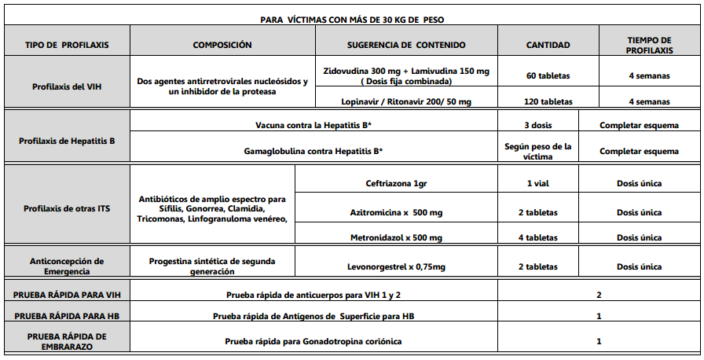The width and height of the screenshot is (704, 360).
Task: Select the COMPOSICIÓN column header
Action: point(222,46)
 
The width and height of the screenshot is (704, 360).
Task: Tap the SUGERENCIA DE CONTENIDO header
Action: point(406,46)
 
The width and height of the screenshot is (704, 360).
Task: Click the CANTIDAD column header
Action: point(548,46)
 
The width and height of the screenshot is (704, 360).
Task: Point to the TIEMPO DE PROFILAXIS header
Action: point(649,45)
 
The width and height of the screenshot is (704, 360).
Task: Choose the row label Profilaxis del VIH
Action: point(66,86)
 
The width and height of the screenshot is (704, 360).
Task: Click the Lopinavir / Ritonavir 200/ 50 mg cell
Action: point(406,101)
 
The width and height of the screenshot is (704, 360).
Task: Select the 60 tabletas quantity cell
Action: point(548,76)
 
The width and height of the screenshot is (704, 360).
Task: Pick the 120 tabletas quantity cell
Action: point(548,101)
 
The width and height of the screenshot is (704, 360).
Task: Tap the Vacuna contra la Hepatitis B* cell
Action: point(313,126)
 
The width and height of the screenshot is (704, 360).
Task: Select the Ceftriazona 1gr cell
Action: point(396,184)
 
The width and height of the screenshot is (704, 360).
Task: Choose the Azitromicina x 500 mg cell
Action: point(396,213)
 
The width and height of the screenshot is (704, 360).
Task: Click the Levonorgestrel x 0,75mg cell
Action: point(396,267)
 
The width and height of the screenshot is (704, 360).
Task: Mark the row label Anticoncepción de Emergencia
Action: point(66,266)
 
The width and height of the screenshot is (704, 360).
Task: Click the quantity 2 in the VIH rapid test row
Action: point(599,295)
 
